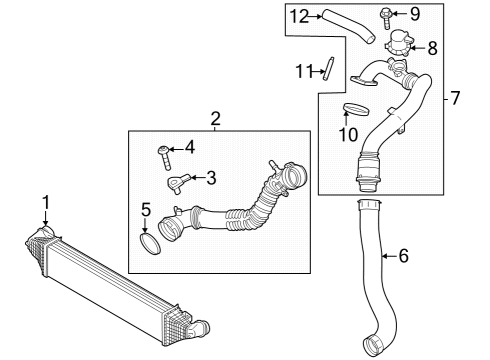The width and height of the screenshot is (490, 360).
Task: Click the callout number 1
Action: [45, 204]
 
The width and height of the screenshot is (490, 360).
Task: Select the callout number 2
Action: [215, 120]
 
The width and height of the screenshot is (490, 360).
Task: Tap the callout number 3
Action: [211, 178]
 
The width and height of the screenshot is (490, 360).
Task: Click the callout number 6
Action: [403, 256]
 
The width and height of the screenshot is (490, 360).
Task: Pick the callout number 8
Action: [432, 46]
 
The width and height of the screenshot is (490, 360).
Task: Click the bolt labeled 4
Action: [165, 154]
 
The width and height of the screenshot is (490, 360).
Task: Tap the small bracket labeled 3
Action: [180, 182]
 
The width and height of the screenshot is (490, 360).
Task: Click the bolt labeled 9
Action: [387, 15]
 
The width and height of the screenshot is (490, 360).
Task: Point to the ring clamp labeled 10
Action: [355, 108]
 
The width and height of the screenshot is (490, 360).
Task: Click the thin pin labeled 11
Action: [326, 69]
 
